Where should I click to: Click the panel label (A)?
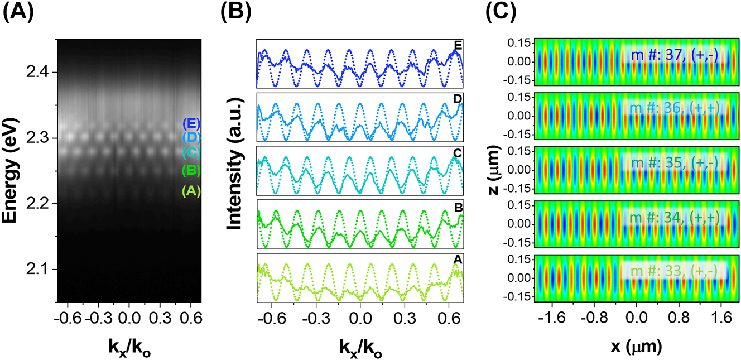(18, 12)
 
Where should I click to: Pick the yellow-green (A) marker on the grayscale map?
(191, 191)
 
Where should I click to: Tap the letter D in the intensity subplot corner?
(458, 99)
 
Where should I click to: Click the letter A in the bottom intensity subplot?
(458, 258)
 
